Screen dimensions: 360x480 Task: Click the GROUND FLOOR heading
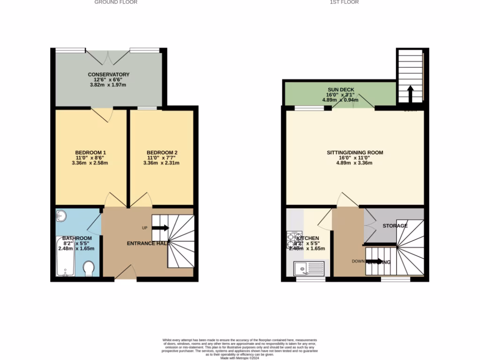pyautogui.click(x=116, y=2)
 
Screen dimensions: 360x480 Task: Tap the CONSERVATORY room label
pyautogui.click(x=108, y=75)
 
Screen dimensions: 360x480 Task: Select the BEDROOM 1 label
pyautogui.click(x=90, y=153)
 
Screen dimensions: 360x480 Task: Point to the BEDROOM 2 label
pyautogui.click(x=162, y=153)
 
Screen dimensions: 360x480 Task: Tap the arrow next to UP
pyautogui.click(x=160, y=228)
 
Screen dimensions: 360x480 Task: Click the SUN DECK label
pyautogui.click(x=341, y=90)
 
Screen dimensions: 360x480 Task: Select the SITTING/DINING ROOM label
pyautogui.click(x=355, y=153)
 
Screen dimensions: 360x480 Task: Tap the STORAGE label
pyautogui.click(x=395, y=226)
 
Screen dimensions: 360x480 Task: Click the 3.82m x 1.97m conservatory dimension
pyautogui.click(x=108, y=85)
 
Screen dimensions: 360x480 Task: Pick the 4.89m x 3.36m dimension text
pyautogui.click(x=355, y=163)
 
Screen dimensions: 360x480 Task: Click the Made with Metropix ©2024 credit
pyautogui.click(x=240, y=358)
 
